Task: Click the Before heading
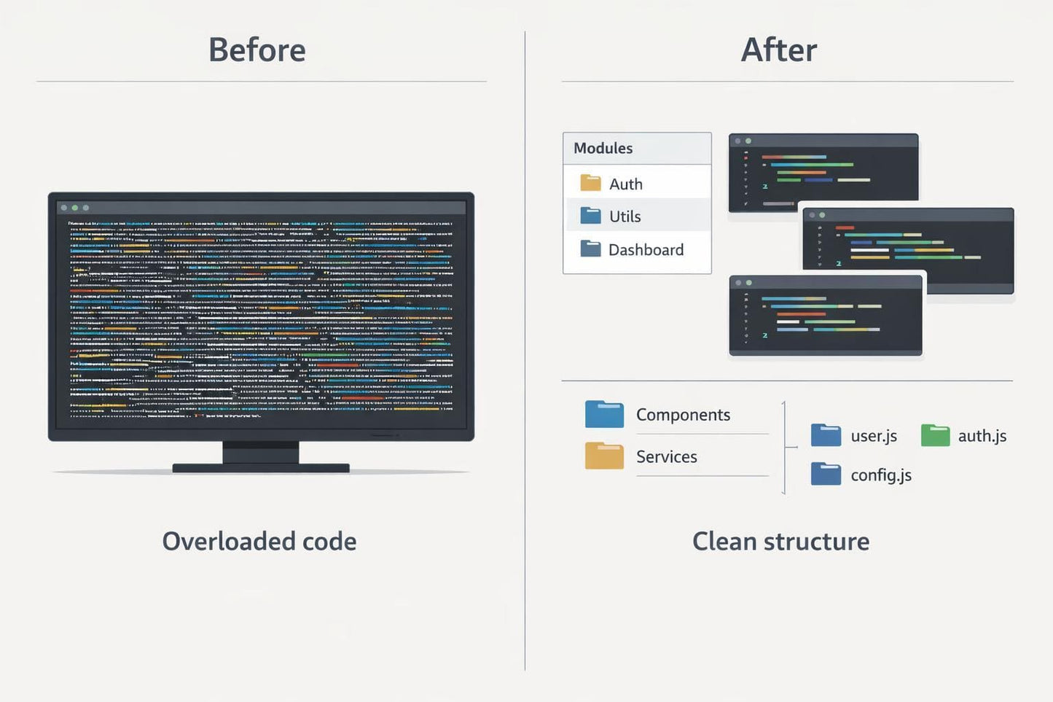(x=257, y=50)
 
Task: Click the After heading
(x=778, y=50)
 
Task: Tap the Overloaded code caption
(x=259, y=542)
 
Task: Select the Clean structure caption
(x=780, y=542)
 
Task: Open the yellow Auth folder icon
(x=590, y=183)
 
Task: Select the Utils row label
(x=625, y=217)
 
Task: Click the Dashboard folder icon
(x=590, y=249)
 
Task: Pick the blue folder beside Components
(x=604, y=414)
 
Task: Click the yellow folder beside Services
(x=604, y=456)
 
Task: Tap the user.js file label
(x=874, y=436)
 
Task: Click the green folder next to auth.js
(x=935, y=435)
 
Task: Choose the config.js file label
(x=881, y=475)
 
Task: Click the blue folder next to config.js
(x=826, y=475)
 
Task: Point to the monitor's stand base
(x=260, y=468)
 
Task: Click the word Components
(x=683, y=415)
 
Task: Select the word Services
(x=666, y=457)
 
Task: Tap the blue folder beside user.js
(x=826, y=435)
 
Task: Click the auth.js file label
(x=982, y=436)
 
